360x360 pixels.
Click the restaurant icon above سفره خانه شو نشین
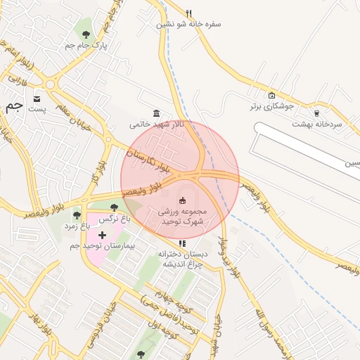(x=188, y=13)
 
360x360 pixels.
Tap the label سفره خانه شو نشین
(x=188, y=24)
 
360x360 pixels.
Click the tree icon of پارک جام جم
(x=86, y=34)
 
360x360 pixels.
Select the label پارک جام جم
(x=86, y=46)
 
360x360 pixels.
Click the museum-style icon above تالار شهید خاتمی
(x=156, y=113)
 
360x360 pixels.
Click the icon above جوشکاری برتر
(x=272, y=96)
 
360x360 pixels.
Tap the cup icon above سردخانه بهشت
(x=316, y=112)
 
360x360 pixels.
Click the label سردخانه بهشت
(x=316, y=124)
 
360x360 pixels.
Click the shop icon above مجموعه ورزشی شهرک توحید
(x=184, y=200)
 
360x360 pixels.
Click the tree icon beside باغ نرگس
(x=114, y=207)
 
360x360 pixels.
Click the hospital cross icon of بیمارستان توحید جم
(x=102, y=234)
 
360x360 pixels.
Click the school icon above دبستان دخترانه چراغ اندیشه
(x=183, y=243)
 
